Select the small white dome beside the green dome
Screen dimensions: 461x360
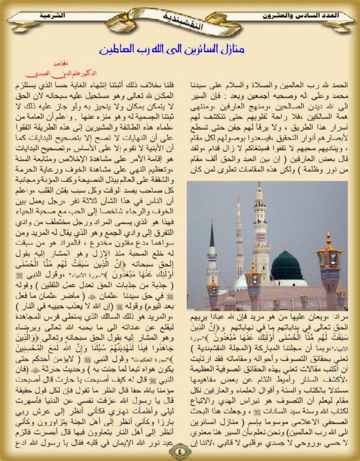click(x=241, y=283)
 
